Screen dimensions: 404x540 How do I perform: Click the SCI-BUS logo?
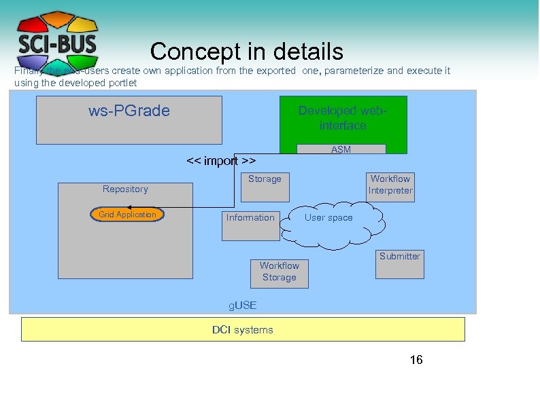[57, 40]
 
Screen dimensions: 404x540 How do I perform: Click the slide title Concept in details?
[247, 52]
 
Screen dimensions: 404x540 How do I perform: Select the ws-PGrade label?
[129, 111]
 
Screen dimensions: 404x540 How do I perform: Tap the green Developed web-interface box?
[343, 119]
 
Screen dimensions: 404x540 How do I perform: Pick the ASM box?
[341, 149]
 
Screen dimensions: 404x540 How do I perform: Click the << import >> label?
[221, 161]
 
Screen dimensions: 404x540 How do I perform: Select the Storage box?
[265, 186]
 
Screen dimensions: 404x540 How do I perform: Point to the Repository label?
[125, 189]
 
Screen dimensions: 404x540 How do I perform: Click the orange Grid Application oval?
[127, 215]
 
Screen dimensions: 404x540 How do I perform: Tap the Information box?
[251, 225]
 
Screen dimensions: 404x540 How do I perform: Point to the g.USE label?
[242, 306]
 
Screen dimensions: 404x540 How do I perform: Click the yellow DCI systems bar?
[243, 330]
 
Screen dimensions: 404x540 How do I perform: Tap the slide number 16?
[416, 360]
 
